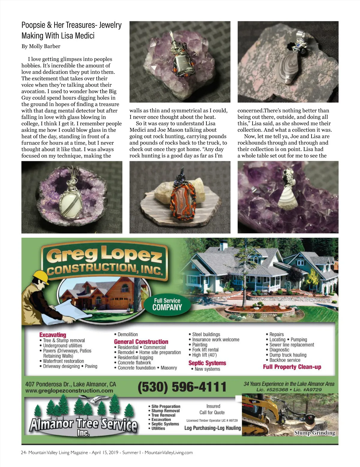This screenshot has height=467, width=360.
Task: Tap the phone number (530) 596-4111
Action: (x=182, y=387)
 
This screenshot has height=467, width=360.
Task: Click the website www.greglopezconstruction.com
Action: (x=69, y=391)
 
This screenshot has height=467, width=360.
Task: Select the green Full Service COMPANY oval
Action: (x=167, y=304)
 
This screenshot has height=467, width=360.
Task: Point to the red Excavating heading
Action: (x=52, y=335)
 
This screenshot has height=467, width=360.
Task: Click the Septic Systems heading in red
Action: (x=207, y=363)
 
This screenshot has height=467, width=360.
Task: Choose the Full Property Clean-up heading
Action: (x=292, y=367)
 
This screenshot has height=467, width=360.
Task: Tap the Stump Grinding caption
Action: (x=314, y=433)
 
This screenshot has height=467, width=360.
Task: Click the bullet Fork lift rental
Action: (x=205, y=350)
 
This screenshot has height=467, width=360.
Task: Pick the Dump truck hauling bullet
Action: (x=288, y=355)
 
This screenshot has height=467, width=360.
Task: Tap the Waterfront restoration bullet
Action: (x=63, y=361)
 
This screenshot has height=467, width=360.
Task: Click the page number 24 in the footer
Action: (x=23, y=453)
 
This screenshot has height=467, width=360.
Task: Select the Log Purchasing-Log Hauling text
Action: (x=212, y=428)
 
